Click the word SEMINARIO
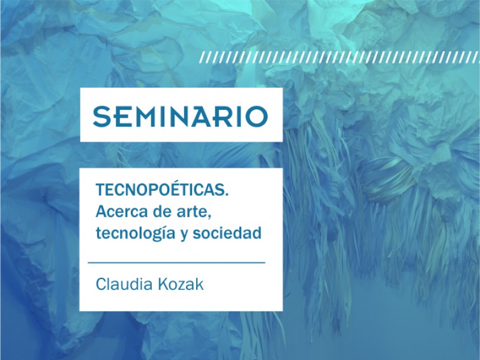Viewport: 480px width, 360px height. click(x=181, y=116)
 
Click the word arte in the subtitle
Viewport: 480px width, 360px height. click(x=194, y=212)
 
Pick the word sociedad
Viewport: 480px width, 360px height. click(x=227, y=233)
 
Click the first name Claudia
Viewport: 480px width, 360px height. click(x=124, y=284)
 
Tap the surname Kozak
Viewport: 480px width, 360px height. click(x=181, y=284)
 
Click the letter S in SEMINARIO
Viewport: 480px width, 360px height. click(x=101, y=116)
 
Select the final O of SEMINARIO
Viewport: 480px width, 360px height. click(x=257, y=116)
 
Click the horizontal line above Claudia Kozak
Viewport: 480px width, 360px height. click(x=176, y=263)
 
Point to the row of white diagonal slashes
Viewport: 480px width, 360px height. click(x=339, y=57)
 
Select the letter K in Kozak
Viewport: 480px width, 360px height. click(x=163, y=284)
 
